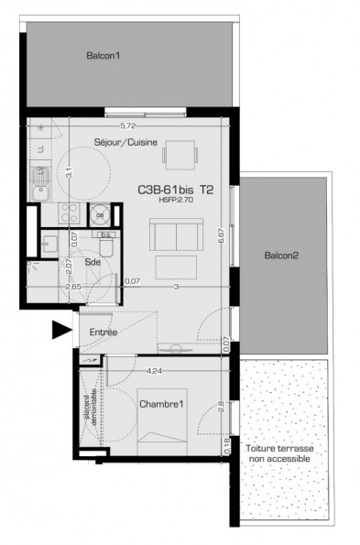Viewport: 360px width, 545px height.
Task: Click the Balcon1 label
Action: [x=104, y=56]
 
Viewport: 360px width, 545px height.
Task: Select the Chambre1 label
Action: [x=162, y=404]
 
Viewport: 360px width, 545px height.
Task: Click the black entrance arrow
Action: [x=62, y=331]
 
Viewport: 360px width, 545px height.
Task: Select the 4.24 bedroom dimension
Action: [x=154, y=371]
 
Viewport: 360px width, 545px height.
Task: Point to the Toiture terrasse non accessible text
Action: [x=279, y=453]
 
